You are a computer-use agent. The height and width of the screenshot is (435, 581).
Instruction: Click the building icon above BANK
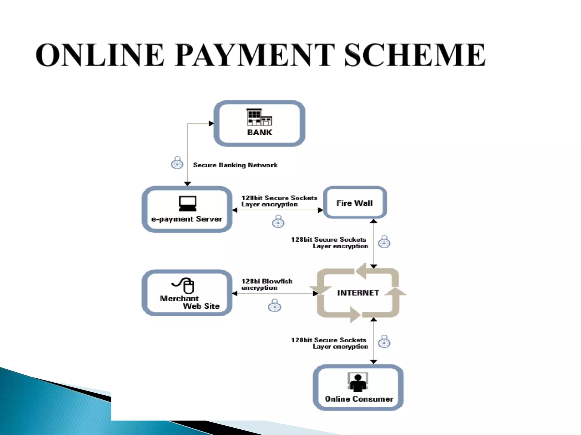259,117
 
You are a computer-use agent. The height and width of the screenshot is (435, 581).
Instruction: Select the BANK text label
260,132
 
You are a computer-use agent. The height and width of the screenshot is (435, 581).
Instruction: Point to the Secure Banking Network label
235,165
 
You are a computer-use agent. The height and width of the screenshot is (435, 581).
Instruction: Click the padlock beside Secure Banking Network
177,163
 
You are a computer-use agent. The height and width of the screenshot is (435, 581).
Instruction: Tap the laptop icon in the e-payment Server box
188,203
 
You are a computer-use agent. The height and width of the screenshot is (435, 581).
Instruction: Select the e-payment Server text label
187,219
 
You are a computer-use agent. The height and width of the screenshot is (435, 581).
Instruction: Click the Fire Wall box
355,203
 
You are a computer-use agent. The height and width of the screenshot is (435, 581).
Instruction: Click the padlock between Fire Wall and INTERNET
384,242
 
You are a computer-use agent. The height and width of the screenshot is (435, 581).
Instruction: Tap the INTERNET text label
358,293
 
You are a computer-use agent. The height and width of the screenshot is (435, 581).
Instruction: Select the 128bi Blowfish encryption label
267,284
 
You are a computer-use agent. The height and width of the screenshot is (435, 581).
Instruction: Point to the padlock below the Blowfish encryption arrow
274,306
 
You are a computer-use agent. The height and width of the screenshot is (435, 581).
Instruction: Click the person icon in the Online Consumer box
358,382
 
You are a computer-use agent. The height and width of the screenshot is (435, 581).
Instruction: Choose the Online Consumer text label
359,399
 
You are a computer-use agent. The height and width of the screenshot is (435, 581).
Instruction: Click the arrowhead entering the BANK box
211,123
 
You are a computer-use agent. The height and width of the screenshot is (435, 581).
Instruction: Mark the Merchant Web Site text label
190,302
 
